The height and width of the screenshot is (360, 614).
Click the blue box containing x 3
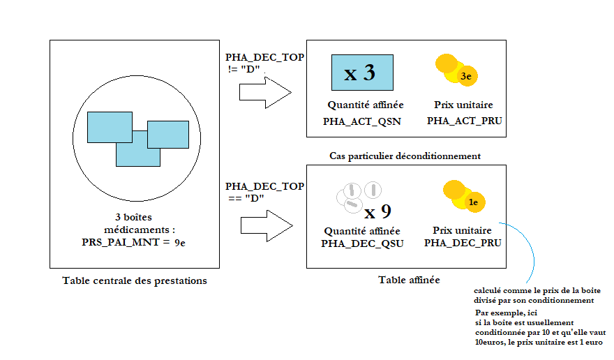click(360, 73)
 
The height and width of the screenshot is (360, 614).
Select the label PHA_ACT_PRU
click(464, 121)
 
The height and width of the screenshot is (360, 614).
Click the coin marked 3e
click(467, 76)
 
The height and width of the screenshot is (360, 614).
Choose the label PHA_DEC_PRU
click(463, 243)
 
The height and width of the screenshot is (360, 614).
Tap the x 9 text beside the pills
click(377, 211)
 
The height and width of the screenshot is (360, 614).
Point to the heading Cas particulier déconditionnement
click(405, 155)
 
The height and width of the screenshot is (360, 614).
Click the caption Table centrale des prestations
click(135, 281)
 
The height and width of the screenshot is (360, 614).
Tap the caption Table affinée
click(409, 280)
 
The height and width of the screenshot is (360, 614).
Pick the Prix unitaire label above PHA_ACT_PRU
click(463, 105)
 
